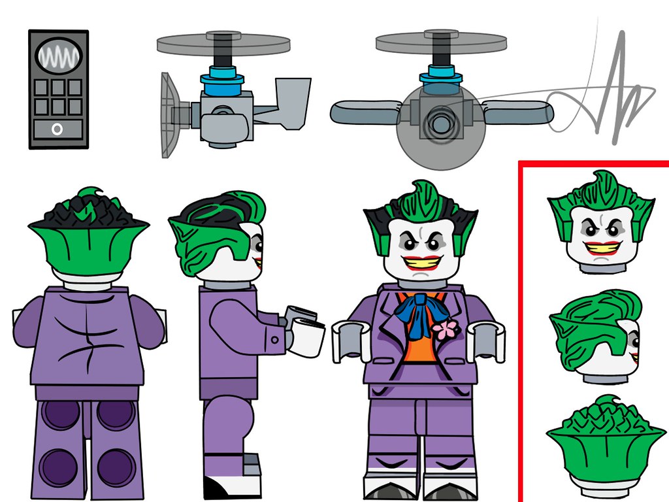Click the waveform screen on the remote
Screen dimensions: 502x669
point(58,56)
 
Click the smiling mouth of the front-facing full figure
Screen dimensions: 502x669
point(422,262)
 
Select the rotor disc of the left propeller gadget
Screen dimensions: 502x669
point(223,44)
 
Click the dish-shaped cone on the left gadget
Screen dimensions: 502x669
point(168,115)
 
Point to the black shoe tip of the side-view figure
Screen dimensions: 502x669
point(216,487)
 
